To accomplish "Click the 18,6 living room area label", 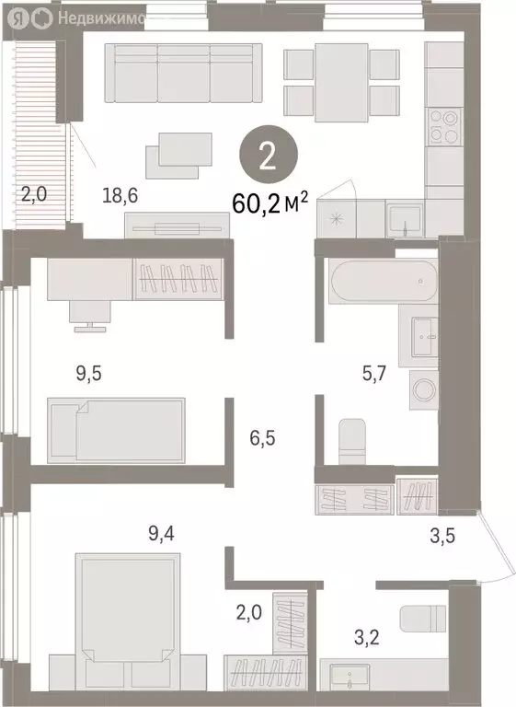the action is [120, 196].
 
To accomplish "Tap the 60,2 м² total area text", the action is [270, 204].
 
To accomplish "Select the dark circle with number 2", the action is [269, 155].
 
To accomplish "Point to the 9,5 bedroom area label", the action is [89, 373].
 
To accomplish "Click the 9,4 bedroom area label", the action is [161, 533].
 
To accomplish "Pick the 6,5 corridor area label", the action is [263, 438].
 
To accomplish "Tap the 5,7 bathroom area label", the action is [374, 373].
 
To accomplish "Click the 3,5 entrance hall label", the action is [442, 536].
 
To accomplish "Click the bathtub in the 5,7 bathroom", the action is [383, 281].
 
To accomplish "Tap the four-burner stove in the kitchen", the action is [445, 127].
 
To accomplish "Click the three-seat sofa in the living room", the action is [183, 73].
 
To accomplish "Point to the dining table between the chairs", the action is [341, 83].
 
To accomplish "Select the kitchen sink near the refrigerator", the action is [405, 219].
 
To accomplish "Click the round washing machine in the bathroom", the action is [424, 389].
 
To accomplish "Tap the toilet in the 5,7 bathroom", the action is [352, 441].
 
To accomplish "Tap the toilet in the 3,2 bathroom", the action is [423, 619].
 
